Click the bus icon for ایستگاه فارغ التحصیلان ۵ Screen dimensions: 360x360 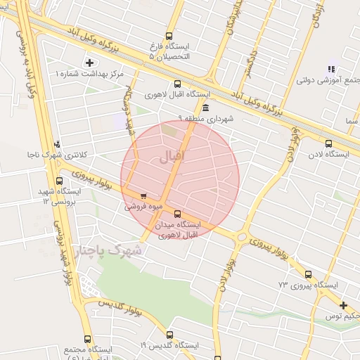pos(168,36)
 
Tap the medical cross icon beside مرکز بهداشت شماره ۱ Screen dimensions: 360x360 pos(89,63)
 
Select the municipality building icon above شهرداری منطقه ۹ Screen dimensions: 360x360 pos(205,108)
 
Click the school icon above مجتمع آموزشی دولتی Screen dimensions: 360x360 pos(330,69)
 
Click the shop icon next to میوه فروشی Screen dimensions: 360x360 pos(143,197)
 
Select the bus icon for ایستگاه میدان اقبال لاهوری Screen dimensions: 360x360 pos(176,214)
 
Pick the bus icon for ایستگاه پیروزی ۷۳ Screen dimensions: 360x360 pos(308,274)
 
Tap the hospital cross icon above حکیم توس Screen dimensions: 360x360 pos(343,305)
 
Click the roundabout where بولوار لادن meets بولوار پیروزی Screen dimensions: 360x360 pos(242,237)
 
